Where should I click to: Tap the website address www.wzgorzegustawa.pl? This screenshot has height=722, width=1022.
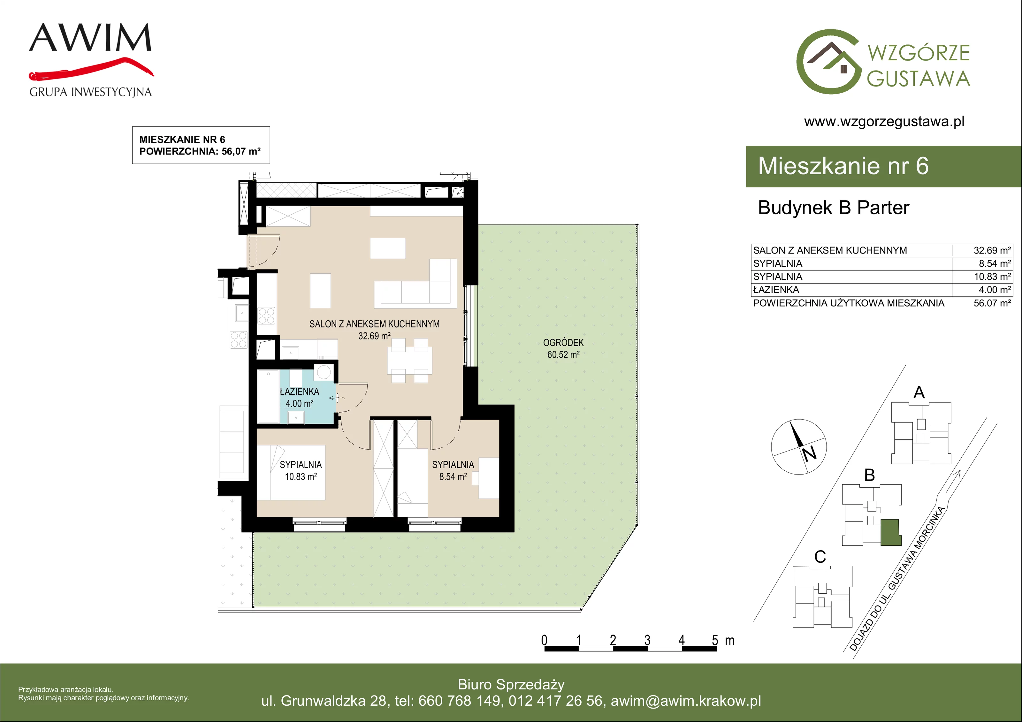click(x=884, y=122)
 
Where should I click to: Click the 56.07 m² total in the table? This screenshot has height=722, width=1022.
click(x=992, y=303)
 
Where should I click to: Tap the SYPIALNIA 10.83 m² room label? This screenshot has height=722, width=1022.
click(x=301, y=470)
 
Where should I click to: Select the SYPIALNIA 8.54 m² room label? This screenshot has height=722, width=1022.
click(x=453, y=470)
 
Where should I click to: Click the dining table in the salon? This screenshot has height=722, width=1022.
click(x=409, y=361)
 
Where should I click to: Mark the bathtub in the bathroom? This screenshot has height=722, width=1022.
click(x=268, y=396)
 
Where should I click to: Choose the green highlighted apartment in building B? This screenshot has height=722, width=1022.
click(x=891, y=532)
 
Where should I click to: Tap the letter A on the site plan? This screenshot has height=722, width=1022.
click(x=919, y=392)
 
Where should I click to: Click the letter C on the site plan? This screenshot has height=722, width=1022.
click(x=820, y=557)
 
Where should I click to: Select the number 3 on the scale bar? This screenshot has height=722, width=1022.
click(x=647, y=640)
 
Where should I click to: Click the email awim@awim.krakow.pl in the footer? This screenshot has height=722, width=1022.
click(x=686, y=701)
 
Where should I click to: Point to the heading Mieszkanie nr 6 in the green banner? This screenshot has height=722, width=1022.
click(x=843, y=166)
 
